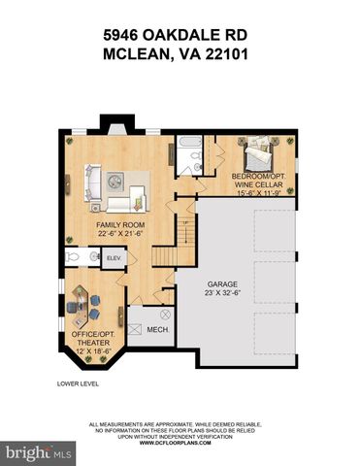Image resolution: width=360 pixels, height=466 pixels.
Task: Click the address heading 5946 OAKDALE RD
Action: [x=180, y=34]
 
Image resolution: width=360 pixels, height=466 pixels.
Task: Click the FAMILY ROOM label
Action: [x=121, y=225]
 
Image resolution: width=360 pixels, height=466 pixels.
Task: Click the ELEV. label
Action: [x=113, y=257]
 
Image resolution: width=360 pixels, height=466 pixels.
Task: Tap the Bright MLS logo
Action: [x=39, y=452]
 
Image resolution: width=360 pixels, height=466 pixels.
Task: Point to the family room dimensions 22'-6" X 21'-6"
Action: [x=121, y=235]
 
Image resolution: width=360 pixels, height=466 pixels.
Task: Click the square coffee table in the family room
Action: [x=115, y=183]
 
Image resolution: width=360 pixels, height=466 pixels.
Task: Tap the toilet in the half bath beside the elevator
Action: [x=72, y=256]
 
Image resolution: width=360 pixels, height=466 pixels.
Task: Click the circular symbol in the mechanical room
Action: [x=165, y=316]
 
